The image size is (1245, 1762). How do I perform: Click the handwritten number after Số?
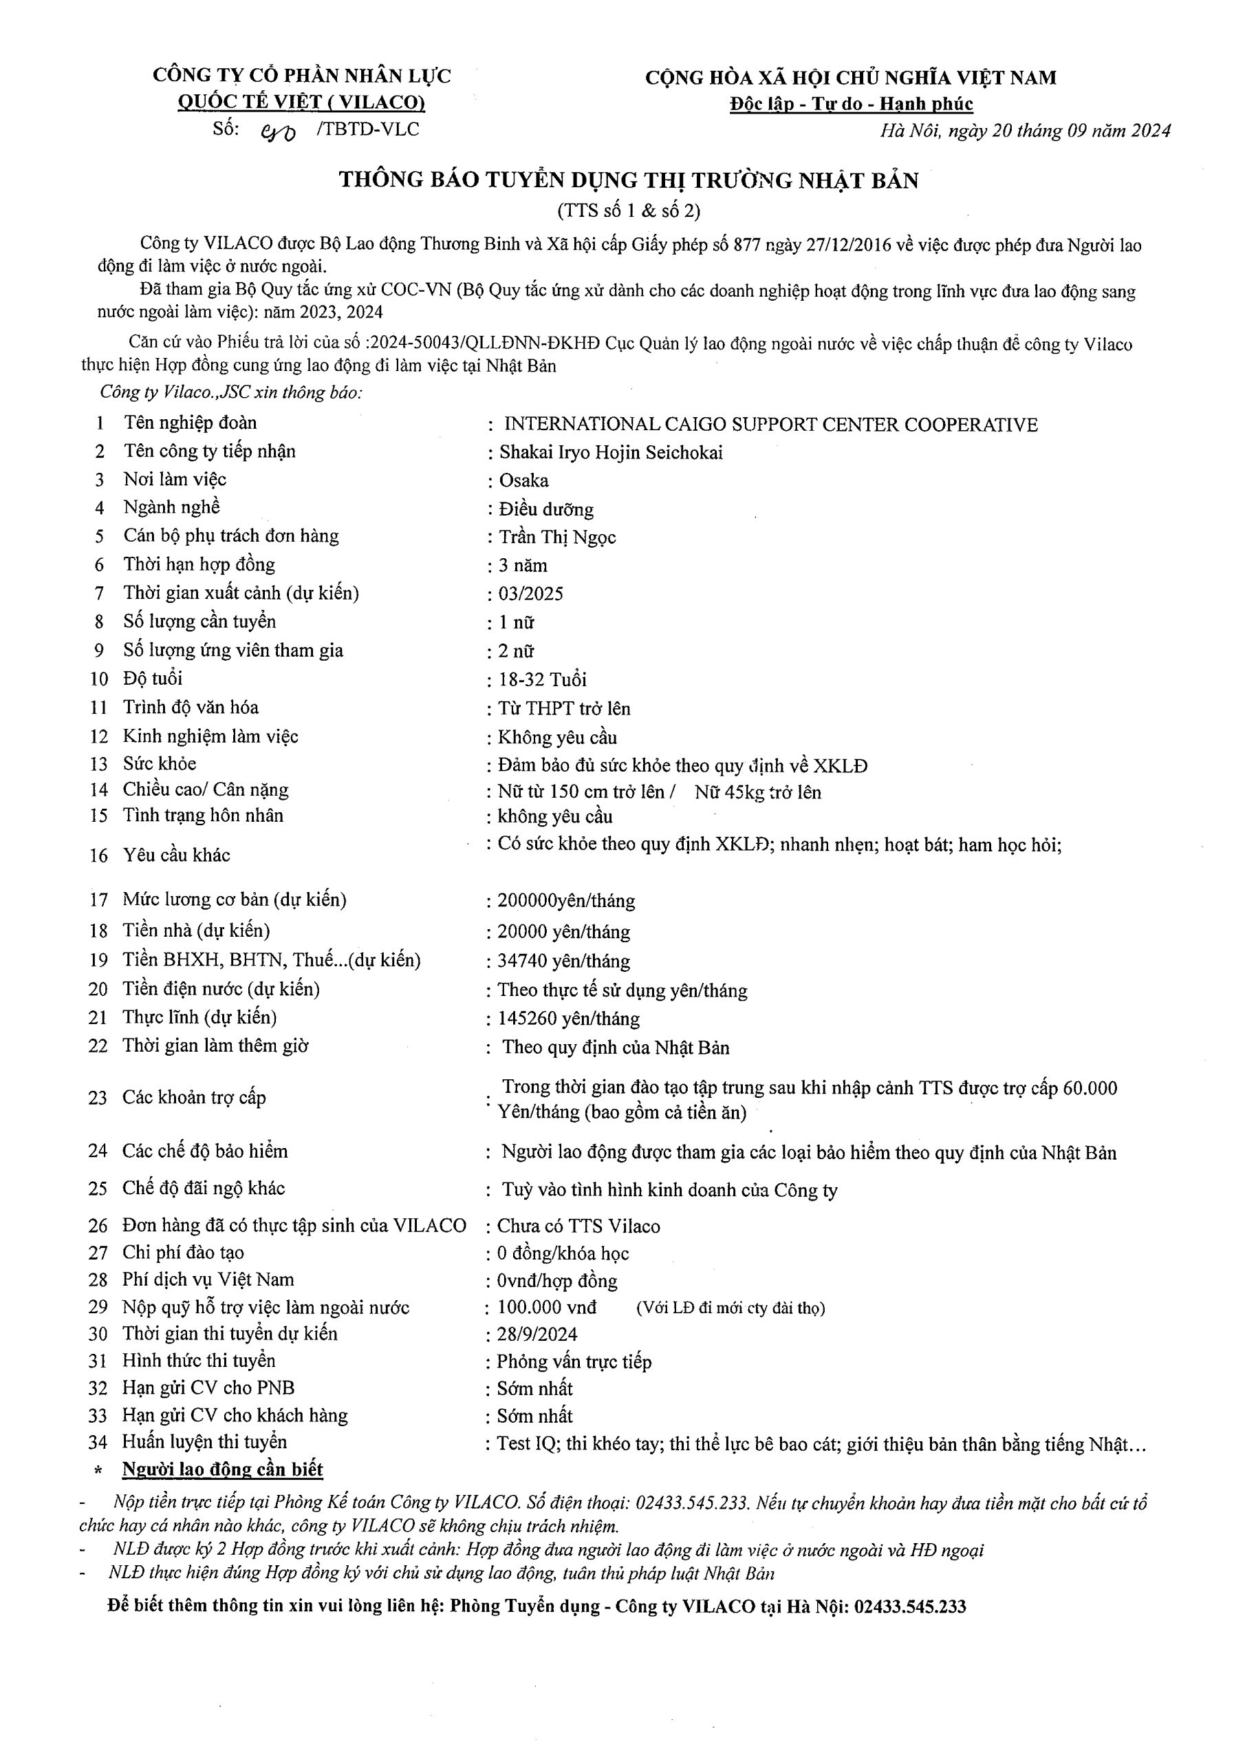coord(279,133)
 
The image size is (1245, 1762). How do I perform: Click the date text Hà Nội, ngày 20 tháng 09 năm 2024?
coord(1025,131)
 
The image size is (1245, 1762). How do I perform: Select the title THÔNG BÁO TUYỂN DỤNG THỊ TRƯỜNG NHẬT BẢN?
coord(628,181)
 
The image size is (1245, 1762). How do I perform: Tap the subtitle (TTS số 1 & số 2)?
coord(628,211)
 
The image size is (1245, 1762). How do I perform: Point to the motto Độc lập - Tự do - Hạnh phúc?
coord(851,105)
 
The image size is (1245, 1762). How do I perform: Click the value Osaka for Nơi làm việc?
coord(524,481)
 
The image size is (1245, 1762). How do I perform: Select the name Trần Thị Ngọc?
coord(558,537)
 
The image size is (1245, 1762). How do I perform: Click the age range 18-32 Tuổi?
coord(542,680)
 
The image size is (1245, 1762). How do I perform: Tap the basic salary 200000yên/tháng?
coord(566,901)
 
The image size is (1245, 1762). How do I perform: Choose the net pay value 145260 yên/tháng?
coord(568,1019)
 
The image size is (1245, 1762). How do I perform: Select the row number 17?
coord(99,900)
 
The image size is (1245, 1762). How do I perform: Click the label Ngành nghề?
coord(172,507)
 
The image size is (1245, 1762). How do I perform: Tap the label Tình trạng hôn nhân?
coord(204,816)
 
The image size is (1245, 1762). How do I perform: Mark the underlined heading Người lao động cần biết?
coord(222,1469)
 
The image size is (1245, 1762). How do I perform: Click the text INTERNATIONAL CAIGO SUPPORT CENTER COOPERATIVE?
coord(770,425)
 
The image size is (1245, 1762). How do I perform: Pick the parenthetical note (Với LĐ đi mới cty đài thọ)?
coord(730,1308)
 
